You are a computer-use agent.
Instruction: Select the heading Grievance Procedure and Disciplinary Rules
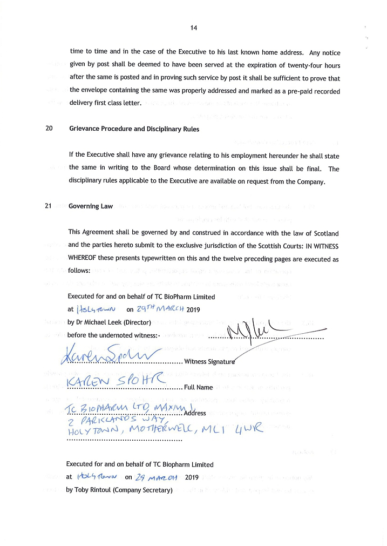pyautogui.click(x=134, y=129)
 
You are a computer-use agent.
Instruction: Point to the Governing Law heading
pyautogui.click(x=91, y=206)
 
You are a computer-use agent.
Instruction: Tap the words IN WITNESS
pyautogui.click(x=318, y=246)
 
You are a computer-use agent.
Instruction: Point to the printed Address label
pyautogui.click(x=195, y=413)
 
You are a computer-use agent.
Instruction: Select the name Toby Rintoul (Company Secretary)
pyautogui.click(x=119, y=490)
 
